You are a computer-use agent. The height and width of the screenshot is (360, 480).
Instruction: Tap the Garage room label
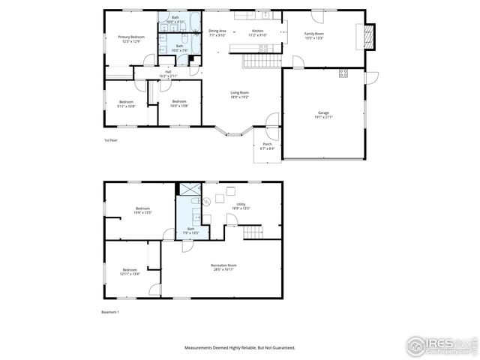[x=323, y=115]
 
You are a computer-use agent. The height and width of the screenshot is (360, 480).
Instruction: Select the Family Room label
[x=313, y=36]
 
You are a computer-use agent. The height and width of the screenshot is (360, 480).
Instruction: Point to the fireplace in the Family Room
[x=367, y=36]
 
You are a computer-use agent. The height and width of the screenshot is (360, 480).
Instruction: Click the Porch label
[x=267, y=147]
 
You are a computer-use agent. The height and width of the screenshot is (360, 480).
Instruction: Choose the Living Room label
[x=240, y=94]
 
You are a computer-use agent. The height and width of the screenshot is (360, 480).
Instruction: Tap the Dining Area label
[x=217, y=33]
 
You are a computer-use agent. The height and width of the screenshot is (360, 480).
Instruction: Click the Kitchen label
[x=258, y=33]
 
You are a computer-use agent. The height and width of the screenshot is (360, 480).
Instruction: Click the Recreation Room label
[x=223, y=267]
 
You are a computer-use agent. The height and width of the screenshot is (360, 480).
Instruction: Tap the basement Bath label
[x=190, y=231]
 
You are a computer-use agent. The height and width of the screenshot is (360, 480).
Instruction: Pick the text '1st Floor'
[x=112, y=140]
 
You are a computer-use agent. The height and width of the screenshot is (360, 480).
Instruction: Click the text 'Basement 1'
[x=110, y=312]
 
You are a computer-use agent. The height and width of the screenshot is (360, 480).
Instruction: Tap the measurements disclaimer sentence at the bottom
[x=240, y=348]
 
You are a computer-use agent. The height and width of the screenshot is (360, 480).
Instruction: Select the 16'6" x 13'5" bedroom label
[x=142, y=210]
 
